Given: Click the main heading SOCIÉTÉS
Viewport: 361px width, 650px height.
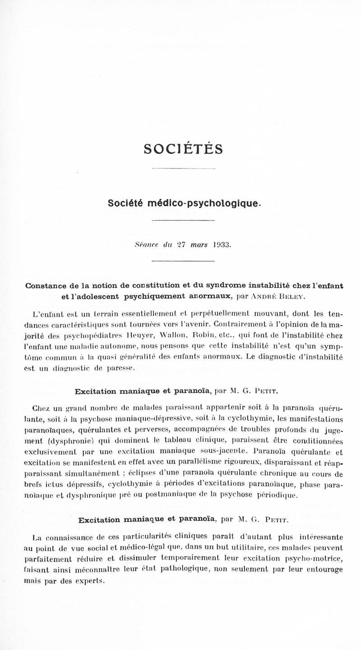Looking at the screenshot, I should click(x=183, y=149).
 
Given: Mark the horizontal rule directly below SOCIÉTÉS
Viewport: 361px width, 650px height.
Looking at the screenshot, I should click(x=182, y=169).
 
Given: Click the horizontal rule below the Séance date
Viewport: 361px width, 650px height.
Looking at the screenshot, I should click(x=182, y=262).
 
